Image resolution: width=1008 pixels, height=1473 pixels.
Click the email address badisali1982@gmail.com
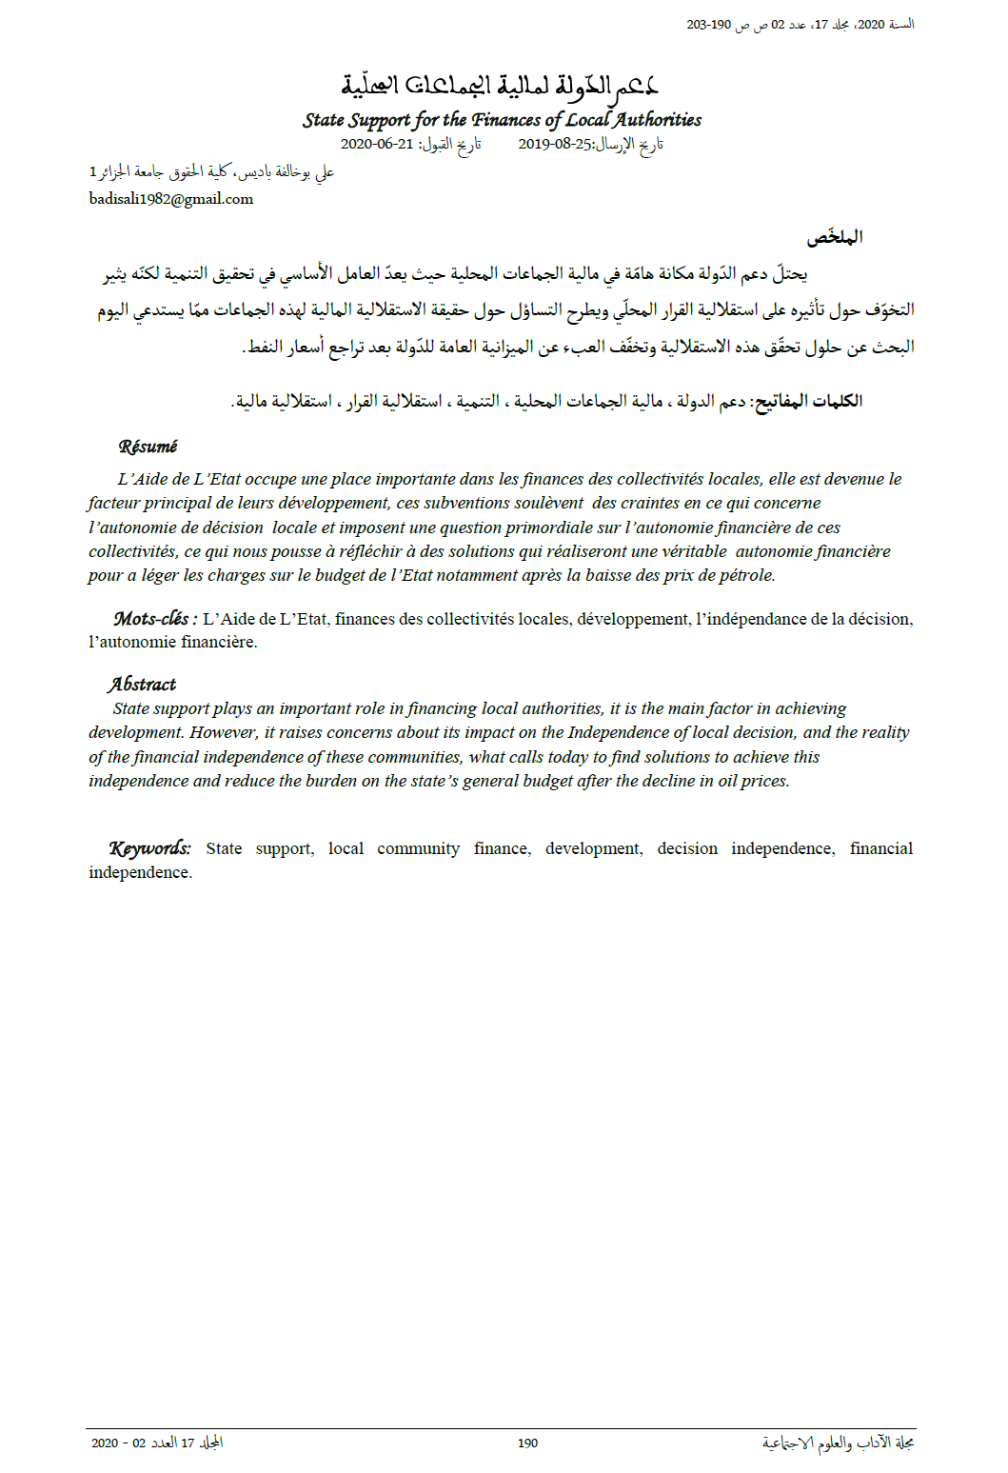pos(171,199)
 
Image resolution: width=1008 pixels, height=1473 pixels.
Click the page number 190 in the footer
pos(527,1443)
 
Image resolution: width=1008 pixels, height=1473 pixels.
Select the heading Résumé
pos(148,447)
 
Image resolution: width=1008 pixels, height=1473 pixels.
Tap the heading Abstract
pos(142,684)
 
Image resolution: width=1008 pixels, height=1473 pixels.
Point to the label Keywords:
pos(149,848)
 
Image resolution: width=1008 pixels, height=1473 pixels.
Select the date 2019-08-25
pos(555,145)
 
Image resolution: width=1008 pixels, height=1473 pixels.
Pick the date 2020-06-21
pos(377,145)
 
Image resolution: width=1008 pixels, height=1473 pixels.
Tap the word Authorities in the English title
pos(657,120)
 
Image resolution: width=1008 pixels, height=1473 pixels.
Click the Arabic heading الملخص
pos(835,237)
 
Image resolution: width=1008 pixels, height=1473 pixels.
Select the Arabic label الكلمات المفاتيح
pos(808,401)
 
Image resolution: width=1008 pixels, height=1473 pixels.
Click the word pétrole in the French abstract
pos(747,575)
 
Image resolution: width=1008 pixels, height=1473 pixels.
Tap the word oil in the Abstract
pos(727,781)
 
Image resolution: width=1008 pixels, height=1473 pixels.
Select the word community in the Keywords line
pos(418,848)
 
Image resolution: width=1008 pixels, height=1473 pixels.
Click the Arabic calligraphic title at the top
pos(500,86)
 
